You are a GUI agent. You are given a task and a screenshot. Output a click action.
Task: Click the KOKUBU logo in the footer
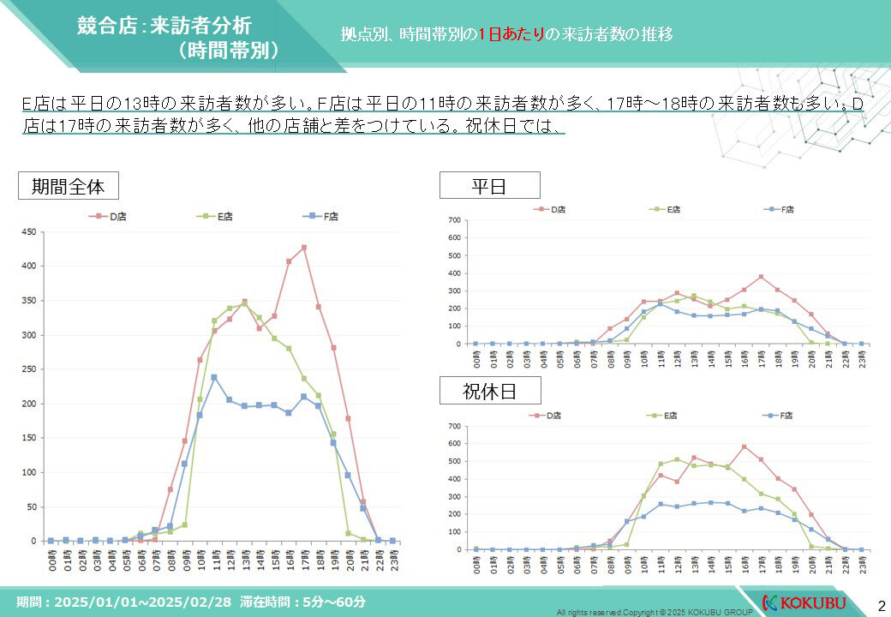point(804,601)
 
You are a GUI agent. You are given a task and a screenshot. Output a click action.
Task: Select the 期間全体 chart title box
point(68,186)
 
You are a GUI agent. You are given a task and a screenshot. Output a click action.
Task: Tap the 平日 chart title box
point(489,185)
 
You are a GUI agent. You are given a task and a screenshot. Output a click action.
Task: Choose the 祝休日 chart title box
point(489,392)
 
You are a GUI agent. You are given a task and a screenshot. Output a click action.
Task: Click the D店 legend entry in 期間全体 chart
point(106,217)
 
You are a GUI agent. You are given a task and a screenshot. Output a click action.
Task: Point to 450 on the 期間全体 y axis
point(28,231)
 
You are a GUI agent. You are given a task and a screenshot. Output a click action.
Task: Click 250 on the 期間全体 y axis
point(28,369)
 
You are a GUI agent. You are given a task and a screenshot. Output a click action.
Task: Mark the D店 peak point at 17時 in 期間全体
point(303,248)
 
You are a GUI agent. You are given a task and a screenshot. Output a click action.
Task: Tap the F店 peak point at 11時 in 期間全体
point(214,377)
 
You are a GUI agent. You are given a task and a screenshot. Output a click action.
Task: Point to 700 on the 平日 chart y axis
point(454,220)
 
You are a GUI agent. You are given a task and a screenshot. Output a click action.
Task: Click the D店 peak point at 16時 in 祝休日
point(744,446)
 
